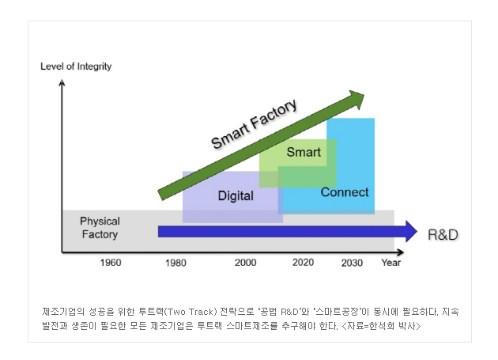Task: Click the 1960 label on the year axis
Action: click(x=111, y=263)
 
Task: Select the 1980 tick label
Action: click(x=175, y=263)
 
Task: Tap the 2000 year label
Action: click(x=246, y=263)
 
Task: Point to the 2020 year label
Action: click(x=303, y=263)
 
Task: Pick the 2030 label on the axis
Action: click(x=352, y=263)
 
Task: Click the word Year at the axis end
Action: click(x=391, y=263)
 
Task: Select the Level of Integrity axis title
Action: click(x=76, y=66)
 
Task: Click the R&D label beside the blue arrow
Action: click(x=443, y=235)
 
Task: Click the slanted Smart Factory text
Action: click(x=254, y=123)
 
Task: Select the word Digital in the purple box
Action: click(x=236, y=195)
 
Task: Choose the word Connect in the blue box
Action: click(x=345, y=192)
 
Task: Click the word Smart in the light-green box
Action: click(x=304, y=152)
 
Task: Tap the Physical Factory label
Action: click(x=100, y=228)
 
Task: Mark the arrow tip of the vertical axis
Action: click(x=62, y=81)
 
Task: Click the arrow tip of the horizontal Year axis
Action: click(x=403, y=252)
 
